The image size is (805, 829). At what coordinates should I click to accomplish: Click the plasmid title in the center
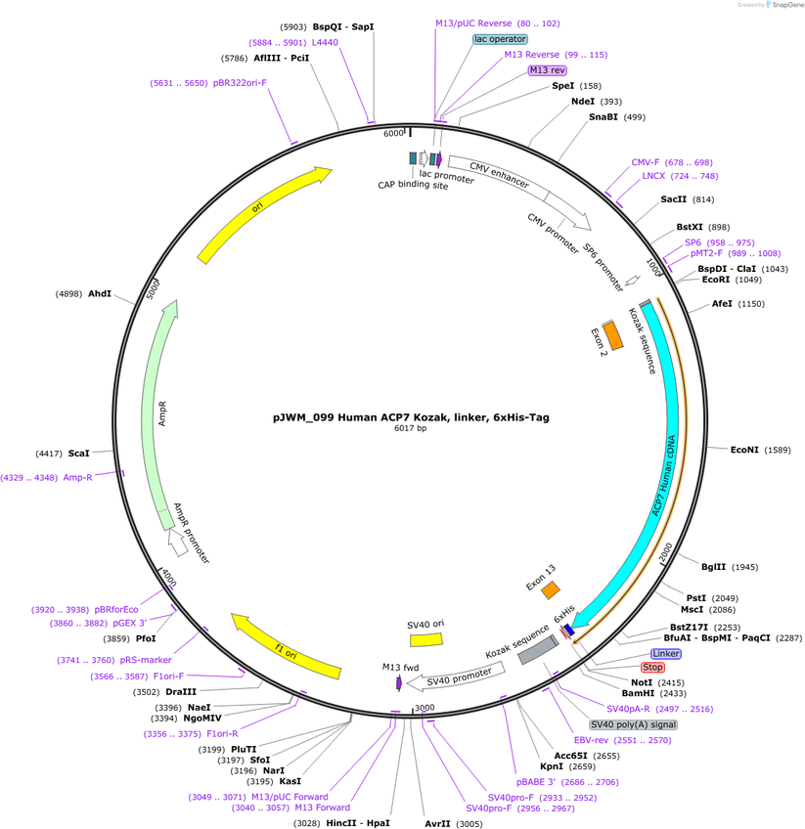(411, 417)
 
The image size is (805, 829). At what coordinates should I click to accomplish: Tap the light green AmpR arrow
(157, 414)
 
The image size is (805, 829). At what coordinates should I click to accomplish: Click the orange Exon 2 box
(613, 335)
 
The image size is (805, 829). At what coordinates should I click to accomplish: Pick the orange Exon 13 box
(551, 589)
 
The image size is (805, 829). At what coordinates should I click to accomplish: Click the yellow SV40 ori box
(426, 639)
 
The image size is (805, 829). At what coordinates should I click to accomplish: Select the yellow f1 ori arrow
(286, 646)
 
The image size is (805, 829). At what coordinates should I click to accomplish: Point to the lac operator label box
(500, 39)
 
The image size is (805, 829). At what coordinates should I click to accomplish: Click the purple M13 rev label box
(548, 70)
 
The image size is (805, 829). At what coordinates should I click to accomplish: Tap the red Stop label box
(652, 668)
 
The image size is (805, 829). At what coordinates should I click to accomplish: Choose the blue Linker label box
(666, 653)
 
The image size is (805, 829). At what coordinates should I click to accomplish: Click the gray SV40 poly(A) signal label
(633, 724)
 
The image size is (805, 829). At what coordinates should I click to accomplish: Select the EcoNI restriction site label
(744, 450)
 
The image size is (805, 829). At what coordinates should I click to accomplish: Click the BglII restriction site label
(713, 567)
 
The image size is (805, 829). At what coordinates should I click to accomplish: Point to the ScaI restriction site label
(79, 453)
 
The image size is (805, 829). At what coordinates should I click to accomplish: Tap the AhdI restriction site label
(100, 293)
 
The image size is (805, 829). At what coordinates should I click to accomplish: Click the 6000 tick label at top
(393, 133)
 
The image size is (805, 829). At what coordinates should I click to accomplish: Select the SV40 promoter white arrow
(456, 676)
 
